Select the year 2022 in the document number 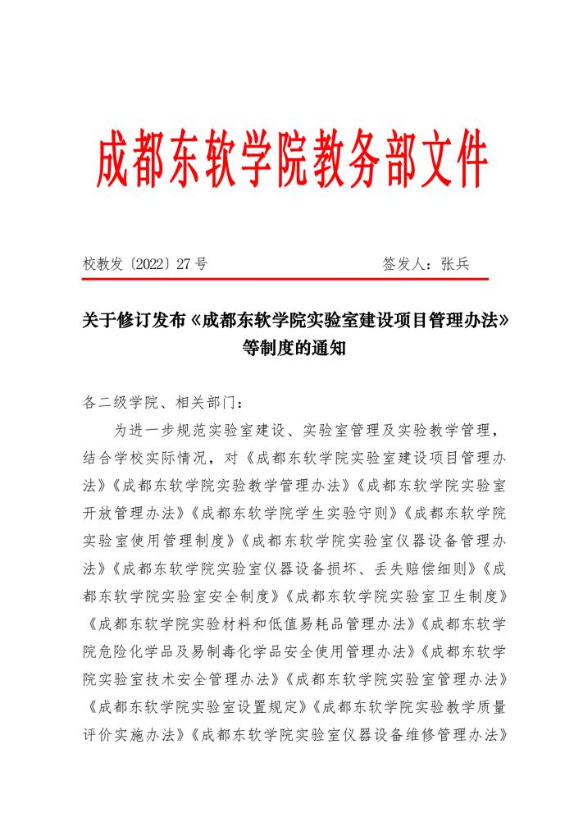[154, 264]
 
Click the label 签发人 [405, 264]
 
